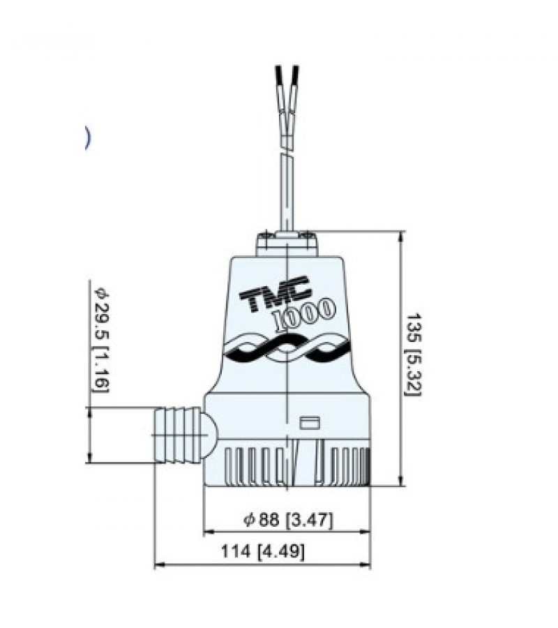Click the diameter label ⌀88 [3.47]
pos(288,520)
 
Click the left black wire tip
pos(280,74)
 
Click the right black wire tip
pos(296,74)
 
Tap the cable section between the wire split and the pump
pos(286,192)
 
